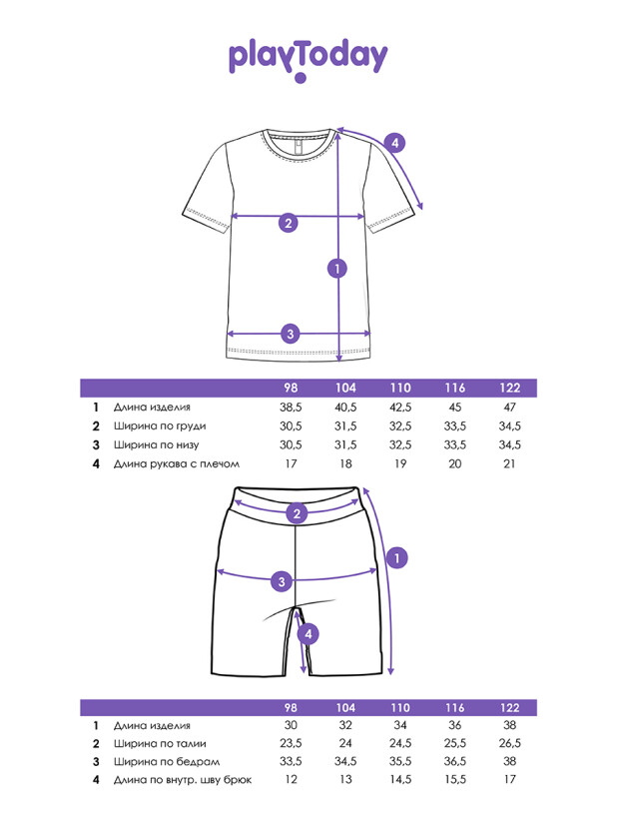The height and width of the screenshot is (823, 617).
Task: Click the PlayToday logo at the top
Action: coord(308,58)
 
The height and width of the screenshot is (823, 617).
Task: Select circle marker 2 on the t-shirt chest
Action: coord(289,223)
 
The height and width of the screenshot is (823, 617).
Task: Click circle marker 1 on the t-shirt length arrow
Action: coord(337,268)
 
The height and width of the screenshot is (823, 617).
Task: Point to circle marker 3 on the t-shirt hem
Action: coord(290,334)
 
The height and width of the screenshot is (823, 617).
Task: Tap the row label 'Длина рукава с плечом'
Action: coord(177,464)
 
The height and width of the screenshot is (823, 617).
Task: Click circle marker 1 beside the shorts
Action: coord(396,559)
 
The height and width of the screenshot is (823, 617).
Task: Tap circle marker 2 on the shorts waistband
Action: coord(297,514)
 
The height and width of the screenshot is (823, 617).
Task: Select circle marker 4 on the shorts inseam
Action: coord(309,633)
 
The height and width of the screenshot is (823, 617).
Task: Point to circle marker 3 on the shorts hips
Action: coord(283,581)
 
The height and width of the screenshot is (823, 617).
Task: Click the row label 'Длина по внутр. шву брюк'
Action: coord(183,780)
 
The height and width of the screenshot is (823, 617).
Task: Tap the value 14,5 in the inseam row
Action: coord(400,780)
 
